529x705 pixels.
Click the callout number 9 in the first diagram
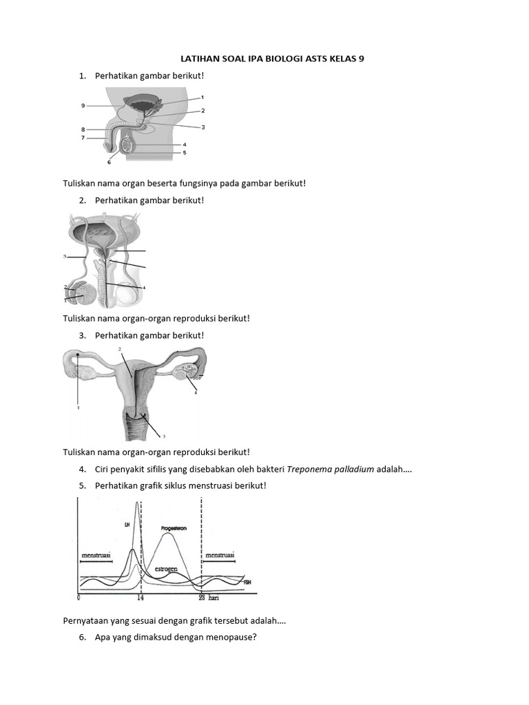point(83,105)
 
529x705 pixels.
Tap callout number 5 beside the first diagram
point(185,152)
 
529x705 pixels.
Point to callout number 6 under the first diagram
point(109,162)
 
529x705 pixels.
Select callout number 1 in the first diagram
point(203,98)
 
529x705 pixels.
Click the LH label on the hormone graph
point(127,525)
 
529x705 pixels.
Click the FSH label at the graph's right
point(248,582)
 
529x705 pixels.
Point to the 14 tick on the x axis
point(140,598)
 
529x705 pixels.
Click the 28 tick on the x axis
point(202,598)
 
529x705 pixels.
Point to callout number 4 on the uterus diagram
point(195,392)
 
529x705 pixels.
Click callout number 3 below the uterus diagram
point(163,436)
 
